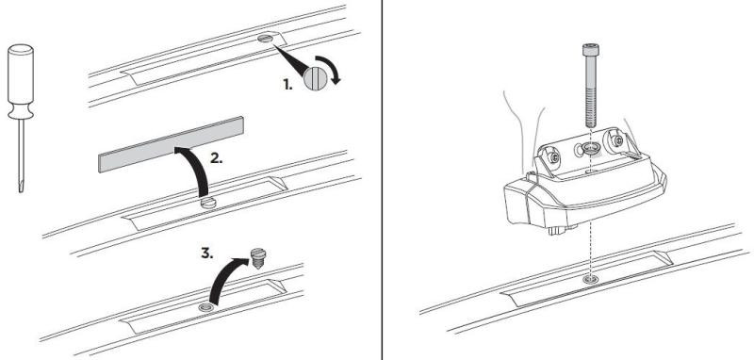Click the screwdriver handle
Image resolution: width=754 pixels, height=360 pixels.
tap(21, 82)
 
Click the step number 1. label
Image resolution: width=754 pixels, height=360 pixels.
tap(287, 85)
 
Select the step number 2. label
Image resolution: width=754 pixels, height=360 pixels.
tap(217, 158)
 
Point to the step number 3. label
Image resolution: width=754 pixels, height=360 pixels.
tap(206, 254)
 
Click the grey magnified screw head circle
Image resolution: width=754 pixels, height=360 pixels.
tap(315, 78)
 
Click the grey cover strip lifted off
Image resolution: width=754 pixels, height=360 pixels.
tap(172, 144)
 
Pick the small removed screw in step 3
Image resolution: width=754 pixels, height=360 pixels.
tap(258, 258)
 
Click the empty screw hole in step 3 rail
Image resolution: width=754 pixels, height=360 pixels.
tap(206, 307)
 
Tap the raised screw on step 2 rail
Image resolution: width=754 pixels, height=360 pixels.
tap(208, 203)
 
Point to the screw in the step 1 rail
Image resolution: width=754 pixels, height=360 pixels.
tap(265, 39)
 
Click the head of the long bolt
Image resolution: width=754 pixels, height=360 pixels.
tap(590, 50)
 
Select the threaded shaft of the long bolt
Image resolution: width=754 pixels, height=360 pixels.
tap(591, 91)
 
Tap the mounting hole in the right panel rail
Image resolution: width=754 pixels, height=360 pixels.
tap(590, 279)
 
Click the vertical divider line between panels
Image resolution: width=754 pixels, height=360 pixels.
tap(382, 180)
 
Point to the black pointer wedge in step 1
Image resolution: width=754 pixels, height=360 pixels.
tap(290, 60)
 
